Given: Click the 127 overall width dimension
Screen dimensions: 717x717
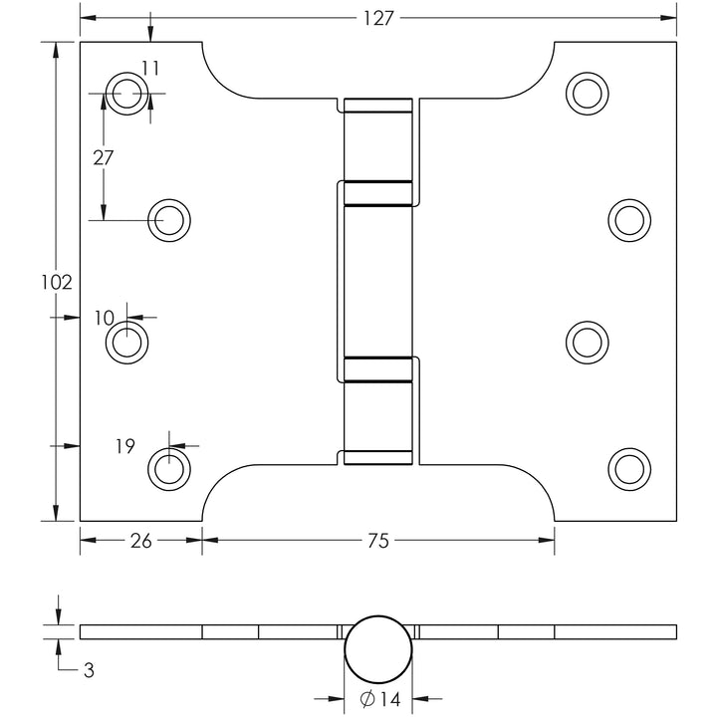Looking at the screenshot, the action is (x=378, y=18).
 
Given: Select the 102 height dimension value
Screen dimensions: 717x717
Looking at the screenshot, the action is (x=57, y=283).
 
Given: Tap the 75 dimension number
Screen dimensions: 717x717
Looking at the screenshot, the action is (x=378, y=541).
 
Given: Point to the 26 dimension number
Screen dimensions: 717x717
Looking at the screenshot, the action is (x=140, y=541).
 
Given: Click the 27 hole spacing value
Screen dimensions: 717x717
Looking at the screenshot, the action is (x=103, y=157).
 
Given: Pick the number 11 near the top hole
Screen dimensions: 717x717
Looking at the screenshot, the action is (x=150, y=68).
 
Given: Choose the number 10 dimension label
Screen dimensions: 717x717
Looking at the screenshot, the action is (x=105, y=318).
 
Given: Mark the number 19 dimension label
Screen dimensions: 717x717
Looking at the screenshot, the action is (x=125, y=446).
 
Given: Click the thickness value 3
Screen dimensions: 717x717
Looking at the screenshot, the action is (x=89, y=670).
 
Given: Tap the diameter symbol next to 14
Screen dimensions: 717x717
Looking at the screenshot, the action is (x=367, y=699).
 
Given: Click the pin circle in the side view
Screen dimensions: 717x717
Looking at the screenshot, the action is (x=378, y=649).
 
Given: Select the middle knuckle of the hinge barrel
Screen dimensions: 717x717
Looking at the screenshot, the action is (x=378, y=281).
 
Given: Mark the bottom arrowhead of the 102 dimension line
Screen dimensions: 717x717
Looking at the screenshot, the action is (x=56, y=513).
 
